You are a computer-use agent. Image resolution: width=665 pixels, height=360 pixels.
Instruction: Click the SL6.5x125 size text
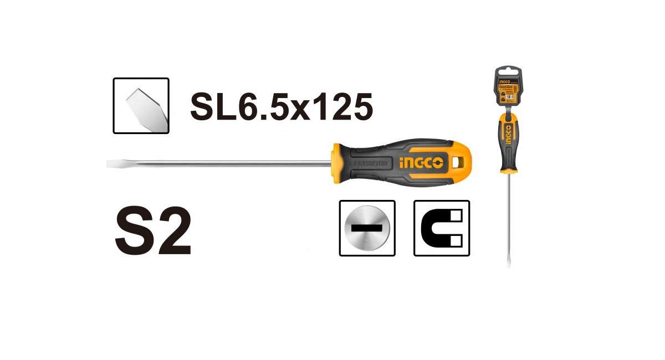click(x=281, y=106)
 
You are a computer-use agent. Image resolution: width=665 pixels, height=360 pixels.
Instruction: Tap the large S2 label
click(x=154, y=233)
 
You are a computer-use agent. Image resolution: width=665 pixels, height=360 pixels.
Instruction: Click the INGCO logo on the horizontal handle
click(x=421, y=163)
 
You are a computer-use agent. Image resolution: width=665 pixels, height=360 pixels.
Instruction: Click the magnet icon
click(x=442, y=228)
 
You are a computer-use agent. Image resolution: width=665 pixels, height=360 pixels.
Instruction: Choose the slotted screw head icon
click(x=367, y=228)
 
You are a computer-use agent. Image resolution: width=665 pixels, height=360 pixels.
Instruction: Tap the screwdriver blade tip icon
click(x=141, y=106)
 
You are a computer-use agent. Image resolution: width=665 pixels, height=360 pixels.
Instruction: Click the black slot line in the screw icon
click(x=367, y=228)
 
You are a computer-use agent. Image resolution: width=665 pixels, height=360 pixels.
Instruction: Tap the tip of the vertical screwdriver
click(x=509, y=265)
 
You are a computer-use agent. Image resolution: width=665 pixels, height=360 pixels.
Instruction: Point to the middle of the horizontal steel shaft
click(x=222, y=164)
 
